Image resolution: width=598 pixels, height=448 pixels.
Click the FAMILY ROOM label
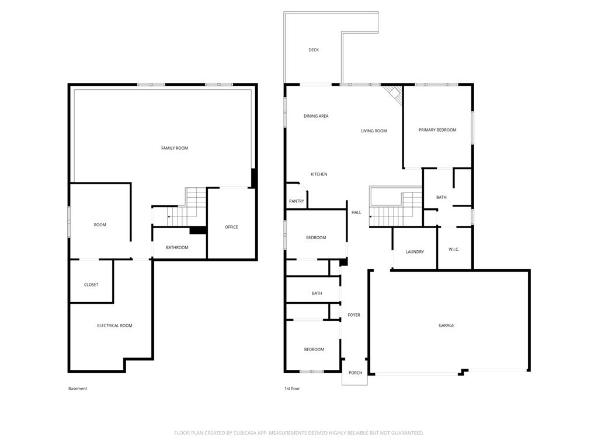[x=175, y=148]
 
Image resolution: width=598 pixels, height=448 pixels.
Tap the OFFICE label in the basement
[x=231, y=227]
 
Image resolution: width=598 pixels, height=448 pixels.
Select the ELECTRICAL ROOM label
[x=115, y=325]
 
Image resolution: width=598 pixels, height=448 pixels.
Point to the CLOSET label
[x=91, y=285]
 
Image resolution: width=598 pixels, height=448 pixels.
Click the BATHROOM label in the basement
[x=177, y=247]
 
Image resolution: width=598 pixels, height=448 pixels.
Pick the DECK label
[x=314, y=50]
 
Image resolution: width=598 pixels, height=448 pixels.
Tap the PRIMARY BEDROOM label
[x=437, y=130]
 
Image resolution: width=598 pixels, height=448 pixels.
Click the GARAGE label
[x=446, y=325]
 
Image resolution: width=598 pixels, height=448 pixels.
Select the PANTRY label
[x=296, y=201]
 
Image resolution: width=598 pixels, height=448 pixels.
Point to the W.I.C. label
[x=454, y=250]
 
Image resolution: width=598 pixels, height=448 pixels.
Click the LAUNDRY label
[x=415, y=252]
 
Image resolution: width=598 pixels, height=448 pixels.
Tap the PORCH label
[x=356, y=373]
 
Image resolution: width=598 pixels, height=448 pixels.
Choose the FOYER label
[x=354, y=315]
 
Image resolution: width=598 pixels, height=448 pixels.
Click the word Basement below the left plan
[x=78, y=388]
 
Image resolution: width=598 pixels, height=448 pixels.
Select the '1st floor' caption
[x=292, y=388]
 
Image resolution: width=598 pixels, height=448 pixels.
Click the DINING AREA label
[x=316, y=116]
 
